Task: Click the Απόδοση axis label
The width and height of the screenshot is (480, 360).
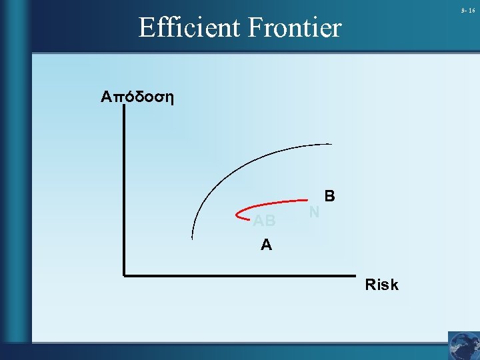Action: click(x=137, y=97)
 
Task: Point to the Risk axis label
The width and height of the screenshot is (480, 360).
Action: click(x=381, y=285)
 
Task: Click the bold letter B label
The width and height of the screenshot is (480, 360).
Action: click(x=330, y=197)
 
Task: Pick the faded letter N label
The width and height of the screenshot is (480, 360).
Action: click(x=315, y=212)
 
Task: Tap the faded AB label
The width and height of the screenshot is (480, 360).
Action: click(x=264, y=221)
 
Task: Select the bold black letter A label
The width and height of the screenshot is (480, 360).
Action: click(x=266, y=245)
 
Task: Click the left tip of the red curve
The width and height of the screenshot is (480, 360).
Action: click(x=238, y=215)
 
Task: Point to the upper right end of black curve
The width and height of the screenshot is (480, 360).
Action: click(x=331, y=144)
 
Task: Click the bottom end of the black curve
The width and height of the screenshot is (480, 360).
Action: click(x=193, y=238)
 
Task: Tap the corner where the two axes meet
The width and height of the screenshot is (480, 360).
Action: click(x=125, y=273)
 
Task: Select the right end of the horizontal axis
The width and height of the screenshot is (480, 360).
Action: click(x=355, y=273)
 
